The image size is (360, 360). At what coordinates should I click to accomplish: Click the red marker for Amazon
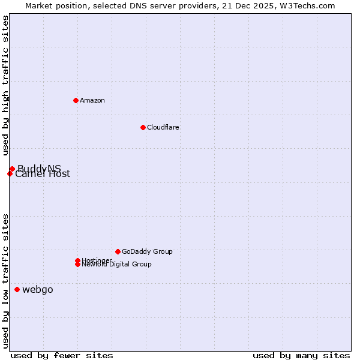click(x=76, y=100)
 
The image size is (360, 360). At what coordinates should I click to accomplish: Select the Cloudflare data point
click(x=143, y=127)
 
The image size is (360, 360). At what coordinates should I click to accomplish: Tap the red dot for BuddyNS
click(x=12, y=169)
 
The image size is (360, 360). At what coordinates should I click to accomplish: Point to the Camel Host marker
click(x=10, y=173)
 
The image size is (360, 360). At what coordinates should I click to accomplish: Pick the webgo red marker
click(x=17, y=290)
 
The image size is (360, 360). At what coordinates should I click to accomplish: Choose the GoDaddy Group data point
click(x=118, y=251)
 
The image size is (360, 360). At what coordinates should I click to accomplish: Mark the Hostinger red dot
click(x=78, y=260)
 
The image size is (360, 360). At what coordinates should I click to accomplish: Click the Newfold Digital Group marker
click(x=78, y=264)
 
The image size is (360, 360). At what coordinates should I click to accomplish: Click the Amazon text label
click(x=92, y=100)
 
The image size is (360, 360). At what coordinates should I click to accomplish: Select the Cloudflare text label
click(x=163, y=127)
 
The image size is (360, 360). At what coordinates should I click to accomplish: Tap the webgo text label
click(x=38, y=290)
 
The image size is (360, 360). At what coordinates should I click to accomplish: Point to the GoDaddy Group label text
click(x=147, y=251)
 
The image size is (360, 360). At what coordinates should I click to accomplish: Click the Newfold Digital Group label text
click(x=117, y=265)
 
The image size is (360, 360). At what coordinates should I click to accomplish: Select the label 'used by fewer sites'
click(x=62, y=355)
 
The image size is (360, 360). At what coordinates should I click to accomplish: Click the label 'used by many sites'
click(x=301, y=355)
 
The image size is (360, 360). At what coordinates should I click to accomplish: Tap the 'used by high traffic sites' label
click(x=6, y=85)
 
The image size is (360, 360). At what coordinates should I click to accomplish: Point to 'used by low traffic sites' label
click(x=6, y=281)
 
